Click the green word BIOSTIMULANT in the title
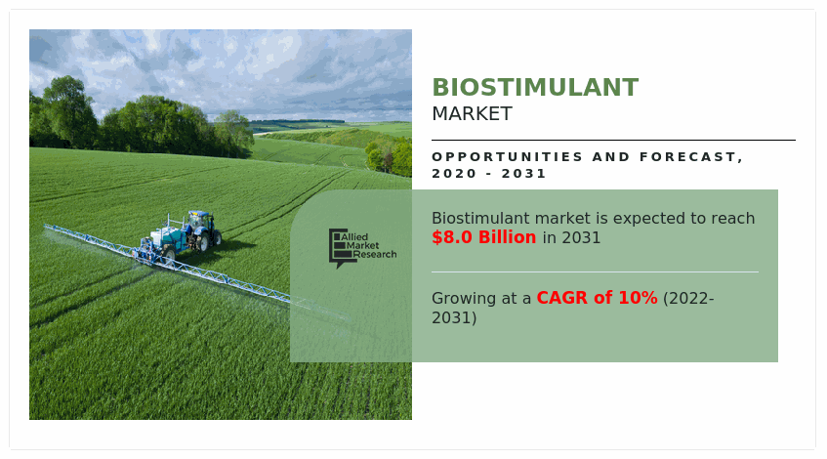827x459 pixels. (x=535, y=88)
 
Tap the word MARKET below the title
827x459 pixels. (x=472, y=114)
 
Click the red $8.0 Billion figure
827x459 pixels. (x=484, y=238)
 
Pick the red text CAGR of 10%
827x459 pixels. (x=597, y=299)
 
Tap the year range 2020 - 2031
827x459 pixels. (x=488, y=174)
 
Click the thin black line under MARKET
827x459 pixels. (x=613, y=140)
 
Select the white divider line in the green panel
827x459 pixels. (x=594, y=271)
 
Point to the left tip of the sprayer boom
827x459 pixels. (x=47, y=228)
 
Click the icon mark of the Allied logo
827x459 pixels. (x=337, y=248)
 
